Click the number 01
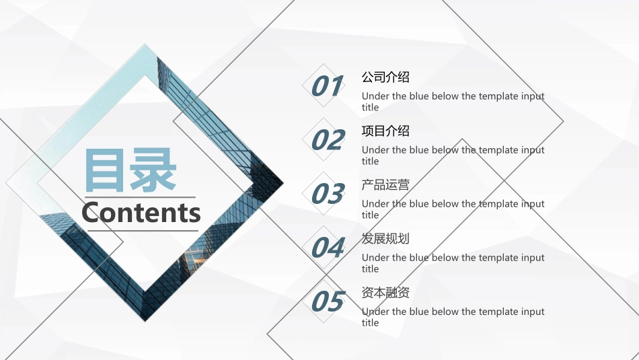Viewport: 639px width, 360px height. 328,87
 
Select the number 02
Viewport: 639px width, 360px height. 328,141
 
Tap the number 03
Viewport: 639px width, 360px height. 328,194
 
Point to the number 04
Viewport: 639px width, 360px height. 328,248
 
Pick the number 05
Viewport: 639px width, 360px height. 328,302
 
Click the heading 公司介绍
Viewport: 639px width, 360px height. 385,77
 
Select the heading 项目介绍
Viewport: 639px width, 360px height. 385,131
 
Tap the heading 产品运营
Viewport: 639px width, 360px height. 385,185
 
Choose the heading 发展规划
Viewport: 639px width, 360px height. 385,239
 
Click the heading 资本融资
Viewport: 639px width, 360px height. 385,293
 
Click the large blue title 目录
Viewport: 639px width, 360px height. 130,170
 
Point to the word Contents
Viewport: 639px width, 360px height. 141,213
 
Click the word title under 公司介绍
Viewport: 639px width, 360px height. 370,108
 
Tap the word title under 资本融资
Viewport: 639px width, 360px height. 370,323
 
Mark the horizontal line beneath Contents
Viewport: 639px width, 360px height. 143,231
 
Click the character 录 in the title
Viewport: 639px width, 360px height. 154,170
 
